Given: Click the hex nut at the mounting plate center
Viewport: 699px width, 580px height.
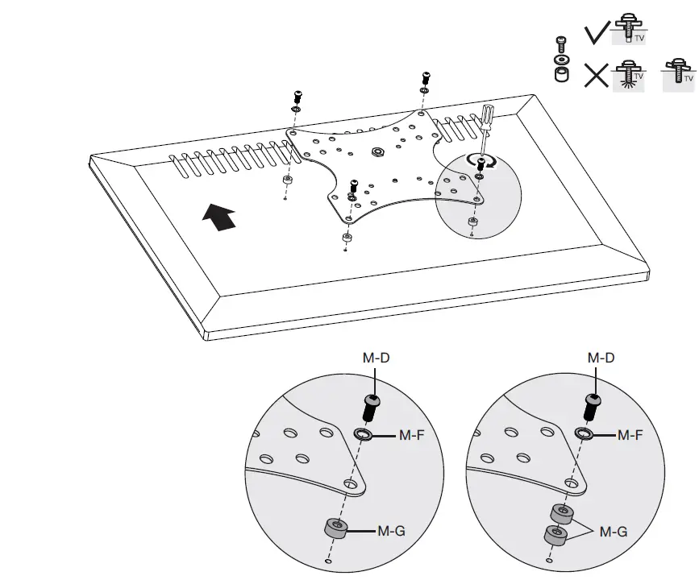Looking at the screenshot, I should click(377, 151).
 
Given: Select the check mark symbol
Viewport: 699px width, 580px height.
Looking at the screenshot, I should click(597, 32).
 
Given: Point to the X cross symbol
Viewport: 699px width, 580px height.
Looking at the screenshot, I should click(597, 76).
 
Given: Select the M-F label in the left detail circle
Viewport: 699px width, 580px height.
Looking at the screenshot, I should click(412, 436).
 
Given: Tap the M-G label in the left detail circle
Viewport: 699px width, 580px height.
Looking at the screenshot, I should click(393, 531).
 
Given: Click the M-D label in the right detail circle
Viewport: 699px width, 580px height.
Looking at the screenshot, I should click(600, 357).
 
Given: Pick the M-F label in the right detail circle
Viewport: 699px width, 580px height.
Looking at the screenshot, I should click(630, 436).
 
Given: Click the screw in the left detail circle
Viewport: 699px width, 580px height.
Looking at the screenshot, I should click(372, 406).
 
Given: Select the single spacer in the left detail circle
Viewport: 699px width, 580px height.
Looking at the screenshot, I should click(337, 529).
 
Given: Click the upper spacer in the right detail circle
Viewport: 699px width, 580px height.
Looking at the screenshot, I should click(562, 513).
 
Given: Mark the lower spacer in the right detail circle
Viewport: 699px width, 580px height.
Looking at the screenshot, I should click(554, 535).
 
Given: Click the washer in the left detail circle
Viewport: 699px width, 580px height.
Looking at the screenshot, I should click(364, 436).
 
